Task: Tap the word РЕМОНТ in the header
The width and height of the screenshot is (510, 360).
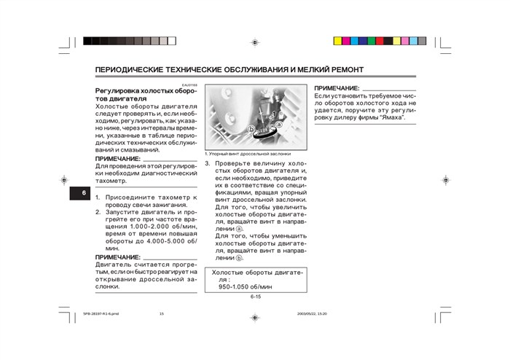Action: tap(344, 71)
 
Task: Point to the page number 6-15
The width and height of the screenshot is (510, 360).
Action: tap(256, 297)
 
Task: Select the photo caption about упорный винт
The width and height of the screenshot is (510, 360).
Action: tap(248, 154)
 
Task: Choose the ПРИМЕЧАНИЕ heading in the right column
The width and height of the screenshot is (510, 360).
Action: tap(337, 87)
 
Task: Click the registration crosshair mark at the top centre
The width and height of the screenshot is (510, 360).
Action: tap(254, 42)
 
